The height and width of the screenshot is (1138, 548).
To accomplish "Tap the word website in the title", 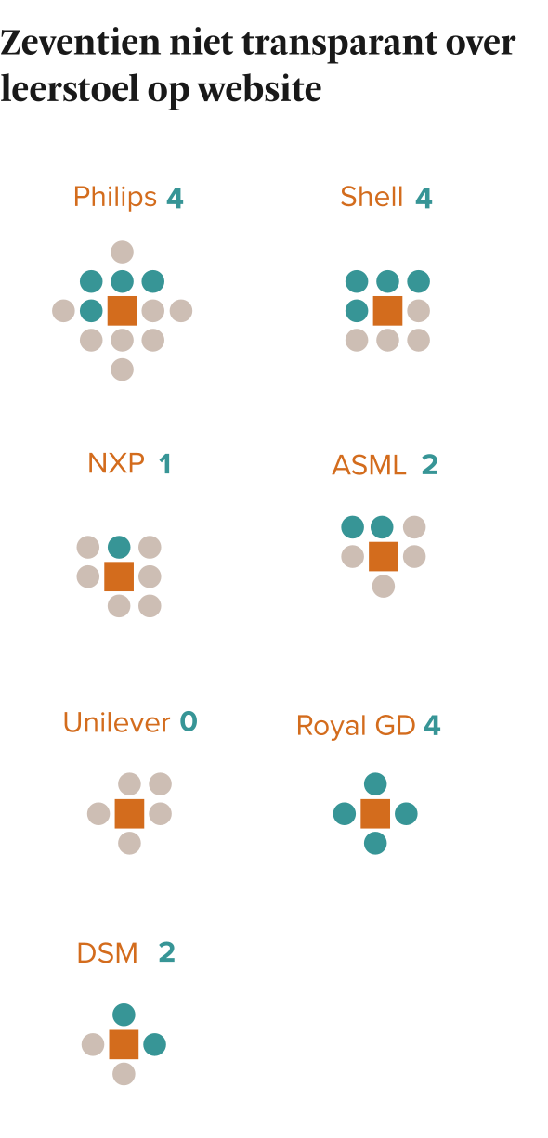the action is (x=259, y=89).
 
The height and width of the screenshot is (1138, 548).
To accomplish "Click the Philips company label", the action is (x=115, y=197).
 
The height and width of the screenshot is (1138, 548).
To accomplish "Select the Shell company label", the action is (x=372, y=197).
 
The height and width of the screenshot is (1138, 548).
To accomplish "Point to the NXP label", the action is (x=116, y=463).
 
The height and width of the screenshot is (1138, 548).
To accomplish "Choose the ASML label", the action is (x=369, y=465).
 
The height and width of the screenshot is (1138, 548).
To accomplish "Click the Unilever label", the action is (x=116, y=722).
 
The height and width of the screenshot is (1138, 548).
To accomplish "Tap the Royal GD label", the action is (x=356, y=726).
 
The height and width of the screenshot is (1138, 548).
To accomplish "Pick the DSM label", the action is (x=107, y=953).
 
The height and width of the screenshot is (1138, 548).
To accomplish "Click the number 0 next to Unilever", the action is (x=189, y=721).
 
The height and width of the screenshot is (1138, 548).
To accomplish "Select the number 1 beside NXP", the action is (x=164, y=464).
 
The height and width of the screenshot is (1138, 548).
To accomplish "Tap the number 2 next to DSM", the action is (x=167, y=952).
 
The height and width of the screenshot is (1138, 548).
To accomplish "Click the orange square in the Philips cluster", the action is (x=122, y=310).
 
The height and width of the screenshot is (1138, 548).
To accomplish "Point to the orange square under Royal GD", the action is (x=375, y=813).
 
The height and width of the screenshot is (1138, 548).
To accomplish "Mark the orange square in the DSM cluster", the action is (x=124, y=1044).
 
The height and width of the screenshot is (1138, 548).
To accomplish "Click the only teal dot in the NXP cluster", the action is (x=119, y=547).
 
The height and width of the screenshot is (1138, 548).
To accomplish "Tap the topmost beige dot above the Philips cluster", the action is (x=122, y=252).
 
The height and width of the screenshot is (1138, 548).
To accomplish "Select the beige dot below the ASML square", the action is (x=384, y=586).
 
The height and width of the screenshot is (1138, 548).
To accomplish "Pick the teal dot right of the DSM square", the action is (x=154, y=1044).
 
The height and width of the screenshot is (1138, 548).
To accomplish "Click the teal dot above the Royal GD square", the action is (x=375, y=784).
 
